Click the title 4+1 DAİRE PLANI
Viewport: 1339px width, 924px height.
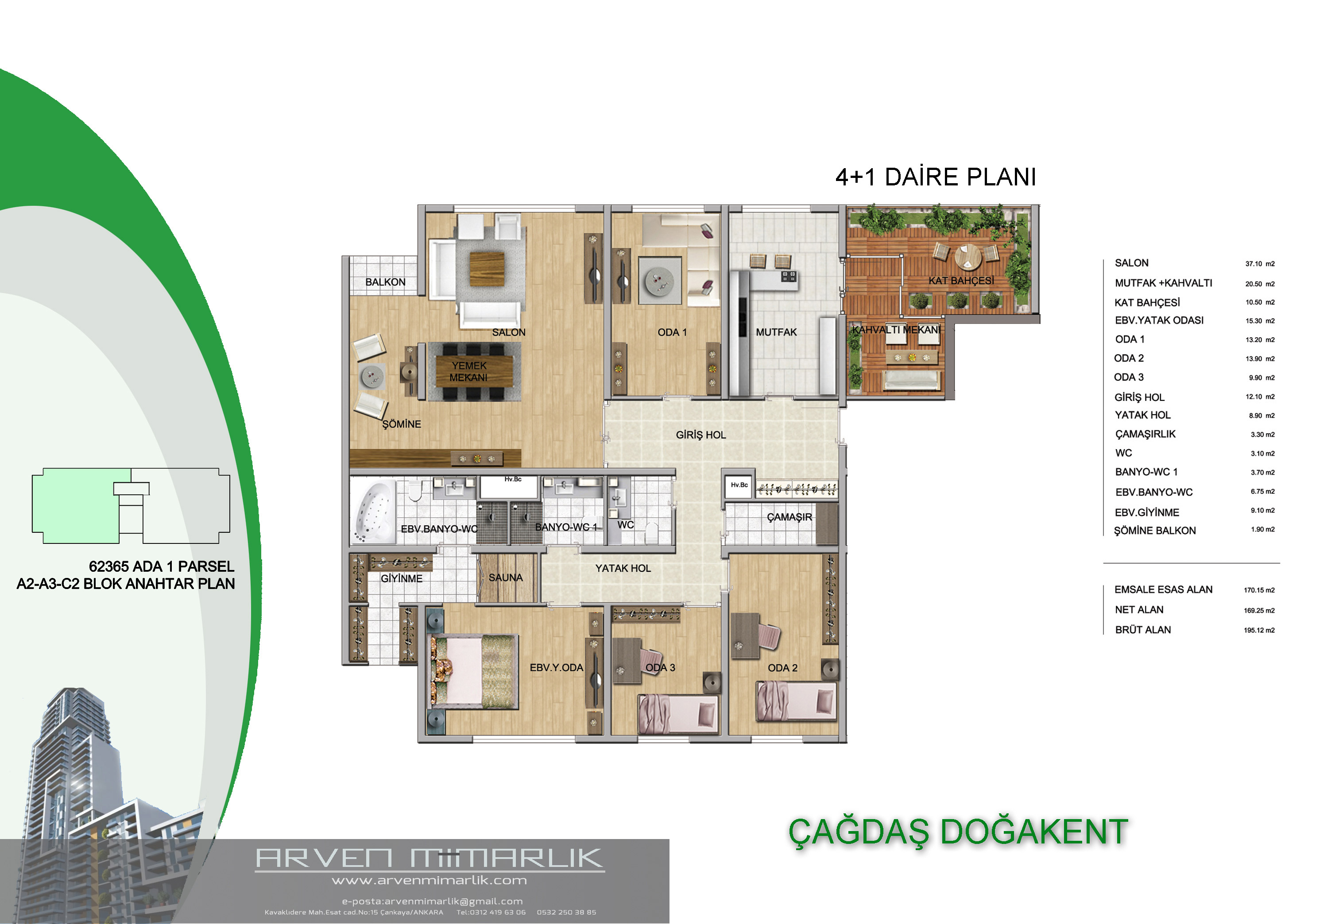tap(935, 177)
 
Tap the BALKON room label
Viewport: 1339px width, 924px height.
tap(385, 282)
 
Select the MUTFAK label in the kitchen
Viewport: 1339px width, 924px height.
tap(776, 332)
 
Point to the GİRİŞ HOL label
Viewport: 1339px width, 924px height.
tap(701, 435)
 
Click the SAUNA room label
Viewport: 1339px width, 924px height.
tap(506, 578)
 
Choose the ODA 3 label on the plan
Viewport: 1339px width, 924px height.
tap(660, 667)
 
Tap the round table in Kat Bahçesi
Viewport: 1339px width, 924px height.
tap(968, 257)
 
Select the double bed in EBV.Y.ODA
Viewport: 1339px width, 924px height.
tap(472, 672)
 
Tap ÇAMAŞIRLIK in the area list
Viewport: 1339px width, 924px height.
tap(1145, 434)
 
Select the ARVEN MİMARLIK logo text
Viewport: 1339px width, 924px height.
tap(430, 858)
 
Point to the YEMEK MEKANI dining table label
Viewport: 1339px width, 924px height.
tap(468, 372)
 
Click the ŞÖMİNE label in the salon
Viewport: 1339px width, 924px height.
tap(401, 424)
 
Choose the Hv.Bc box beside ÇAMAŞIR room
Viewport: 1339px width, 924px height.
tap(739, 486)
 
